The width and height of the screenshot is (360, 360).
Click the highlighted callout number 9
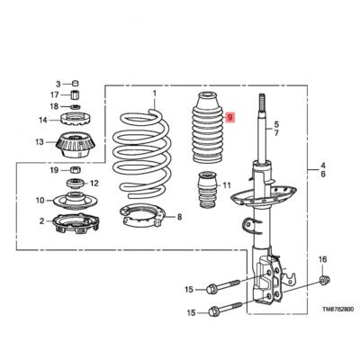(x=229, y=118)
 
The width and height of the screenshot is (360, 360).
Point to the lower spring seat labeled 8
(x=145, y=217)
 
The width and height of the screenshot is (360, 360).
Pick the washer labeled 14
(x=78, y=120)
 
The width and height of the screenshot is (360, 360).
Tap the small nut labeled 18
(x=78, y=107)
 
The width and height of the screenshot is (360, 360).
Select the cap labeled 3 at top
(x=76, y=84)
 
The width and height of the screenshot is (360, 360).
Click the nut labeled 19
(x=76, y=170)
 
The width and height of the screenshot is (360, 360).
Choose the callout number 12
(x=94, y=183)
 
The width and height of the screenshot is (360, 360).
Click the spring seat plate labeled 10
(x=77, y=200)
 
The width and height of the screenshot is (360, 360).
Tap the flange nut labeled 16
(x=322, y=285)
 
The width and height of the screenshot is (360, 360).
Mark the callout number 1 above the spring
(x=153, y=94)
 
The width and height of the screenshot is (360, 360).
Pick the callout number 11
(x=227, y=186)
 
